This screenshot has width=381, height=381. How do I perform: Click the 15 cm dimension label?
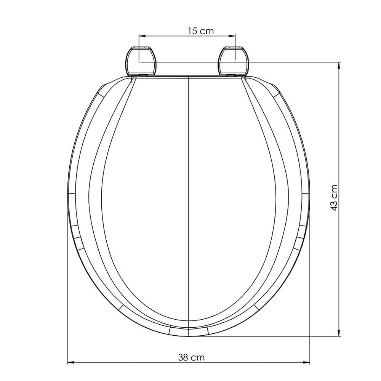201,31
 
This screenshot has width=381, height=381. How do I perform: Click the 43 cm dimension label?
334,198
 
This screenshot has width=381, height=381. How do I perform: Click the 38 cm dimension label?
192,357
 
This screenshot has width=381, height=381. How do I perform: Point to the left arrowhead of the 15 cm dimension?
142,36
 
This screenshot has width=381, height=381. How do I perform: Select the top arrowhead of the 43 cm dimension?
339,66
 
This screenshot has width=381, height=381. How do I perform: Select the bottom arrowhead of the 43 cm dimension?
339,333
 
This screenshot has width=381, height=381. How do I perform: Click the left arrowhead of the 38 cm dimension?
71,363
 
